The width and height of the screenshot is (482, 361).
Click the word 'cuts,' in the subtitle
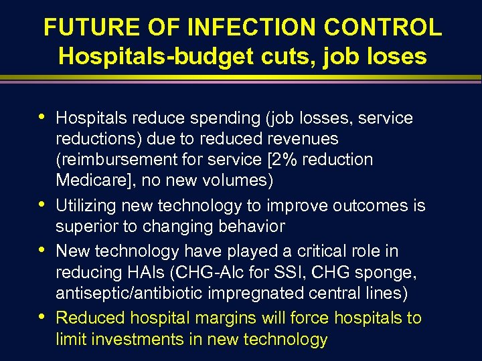point(278,56)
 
